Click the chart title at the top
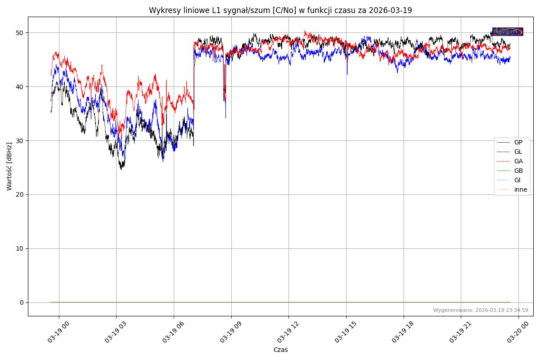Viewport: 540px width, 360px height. click(280, 10)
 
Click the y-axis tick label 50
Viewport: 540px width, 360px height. click(21, 33)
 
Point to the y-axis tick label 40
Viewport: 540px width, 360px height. click(21, 87)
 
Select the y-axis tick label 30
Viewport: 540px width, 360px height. click(21, 141)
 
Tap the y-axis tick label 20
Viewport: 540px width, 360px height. click(21, 195)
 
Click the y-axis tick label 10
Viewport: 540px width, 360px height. click(21, 249)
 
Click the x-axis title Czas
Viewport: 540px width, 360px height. click(280, 350)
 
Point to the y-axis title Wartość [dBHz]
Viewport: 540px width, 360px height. click(9, 166)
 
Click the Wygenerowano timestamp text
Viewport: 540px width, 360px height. click(481, 310)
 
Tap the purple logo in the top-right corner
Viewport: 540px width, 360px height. click(507, 31)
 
